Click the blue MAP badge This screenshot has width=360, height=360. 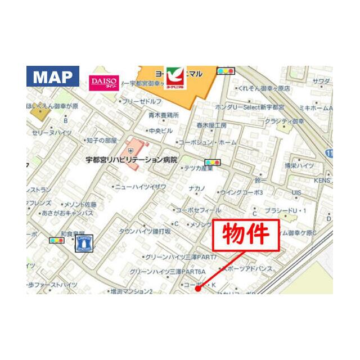click(53, 76)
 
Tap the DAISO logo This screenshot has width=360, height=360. click(103, 82)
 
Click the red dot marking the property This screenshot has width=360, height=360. click(197, 289)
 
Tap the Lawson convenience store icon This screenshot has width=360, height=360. click(84, 243)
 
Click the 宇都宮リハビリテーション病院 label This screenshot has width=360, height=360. click(131, 160)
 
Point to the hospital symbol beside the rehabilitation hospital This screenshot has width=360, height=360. click(131, 150)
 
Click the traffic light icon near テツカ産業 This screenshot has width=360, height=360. click(213, 162)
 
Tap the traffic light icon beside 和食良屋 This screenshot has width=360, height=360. click(57, 240)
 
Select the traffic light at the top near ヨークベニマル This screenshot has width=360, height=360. click(226, 71)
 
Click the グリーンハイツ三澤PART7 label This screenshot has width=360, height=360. click(173, 257)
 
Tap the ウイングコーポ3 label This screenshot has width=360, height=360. click(242, 192)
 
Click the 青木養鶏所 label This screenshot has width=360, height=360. click(163, 115)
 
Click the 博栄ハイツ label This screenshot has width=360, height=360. click(299, 165)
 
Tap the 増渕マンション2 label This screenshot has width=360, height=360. click(132, 291)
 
